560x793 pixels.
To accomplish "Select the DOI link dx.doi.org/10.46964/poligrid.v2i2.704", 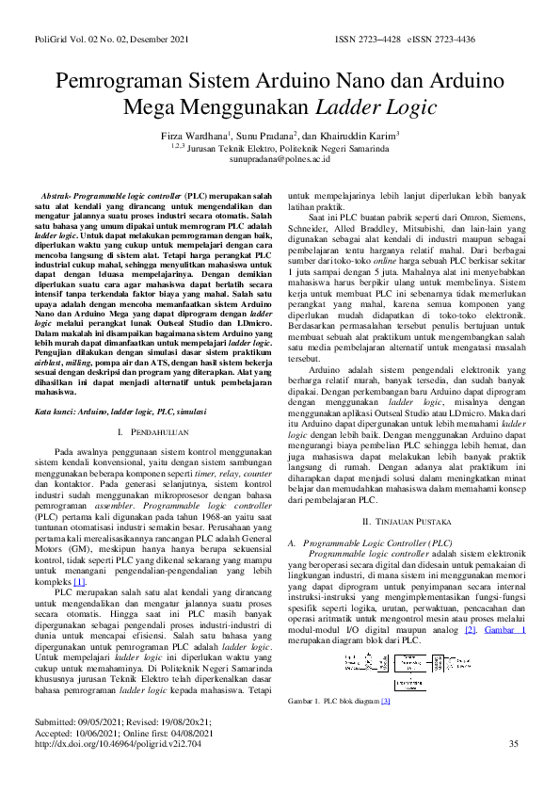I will point(118,770).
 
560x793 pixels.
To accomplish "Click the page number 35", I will point(513,770).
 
